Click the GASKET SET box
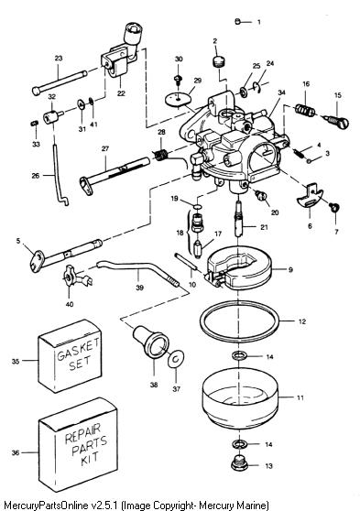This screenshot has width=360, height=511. coord(70,355)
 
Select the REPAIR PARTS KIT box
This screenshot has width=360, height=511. coord(78,444)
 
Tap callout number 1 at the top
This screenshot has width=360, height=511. coord(259,22)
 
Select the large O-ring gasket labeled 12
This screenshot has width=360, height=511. coord(240,321)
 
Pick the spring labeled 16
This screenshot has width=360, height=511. coord(305,111)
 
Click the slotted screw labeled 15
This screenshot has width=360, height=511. coord(336,121)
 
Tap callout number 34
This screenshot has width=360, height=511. coord(281,92)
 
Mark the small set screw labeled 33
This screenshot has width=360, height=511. coord(34,124)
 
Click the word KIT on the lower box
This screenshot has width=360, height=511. coord(89,458)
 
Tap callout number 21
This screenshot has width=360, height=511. coord(264,227)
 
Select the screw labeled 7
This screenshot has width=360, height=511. coord(334,207)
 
